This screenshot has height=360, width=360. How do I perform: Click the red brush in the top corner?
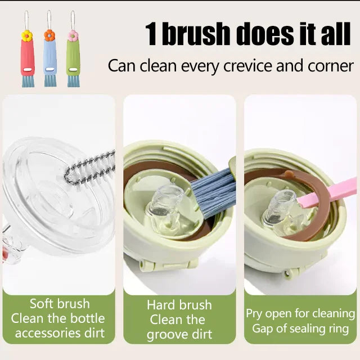pos(27,59)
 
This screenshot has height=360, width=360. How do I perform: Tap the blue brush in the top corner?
pos(49,59)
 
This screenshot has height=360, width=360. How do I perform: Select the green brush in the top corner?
pos(73,59)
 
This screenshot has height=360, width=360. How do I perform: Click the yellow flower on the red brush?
pos(26,35)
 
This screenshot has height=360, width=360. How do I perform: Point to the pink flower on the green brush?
pos(73,35)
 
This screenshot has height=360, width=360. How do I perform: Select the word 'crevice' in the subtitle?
pos(259,66)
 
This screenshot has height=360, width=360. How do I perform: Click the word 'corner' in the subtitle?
pos(329,66)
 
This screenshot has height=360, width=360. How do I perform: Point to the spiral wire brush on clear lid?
pos(90,168)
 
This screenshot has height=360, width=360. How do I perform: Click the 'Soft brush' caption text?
pos(59,304)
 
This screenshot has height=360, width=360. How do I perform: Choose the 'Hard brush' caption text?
pos(179,305)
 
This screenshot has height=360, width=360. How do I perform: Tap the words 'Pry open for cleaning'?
pos(300,313)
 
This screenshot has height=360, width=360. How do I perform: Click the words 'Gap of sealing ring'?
pos(300,328)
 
